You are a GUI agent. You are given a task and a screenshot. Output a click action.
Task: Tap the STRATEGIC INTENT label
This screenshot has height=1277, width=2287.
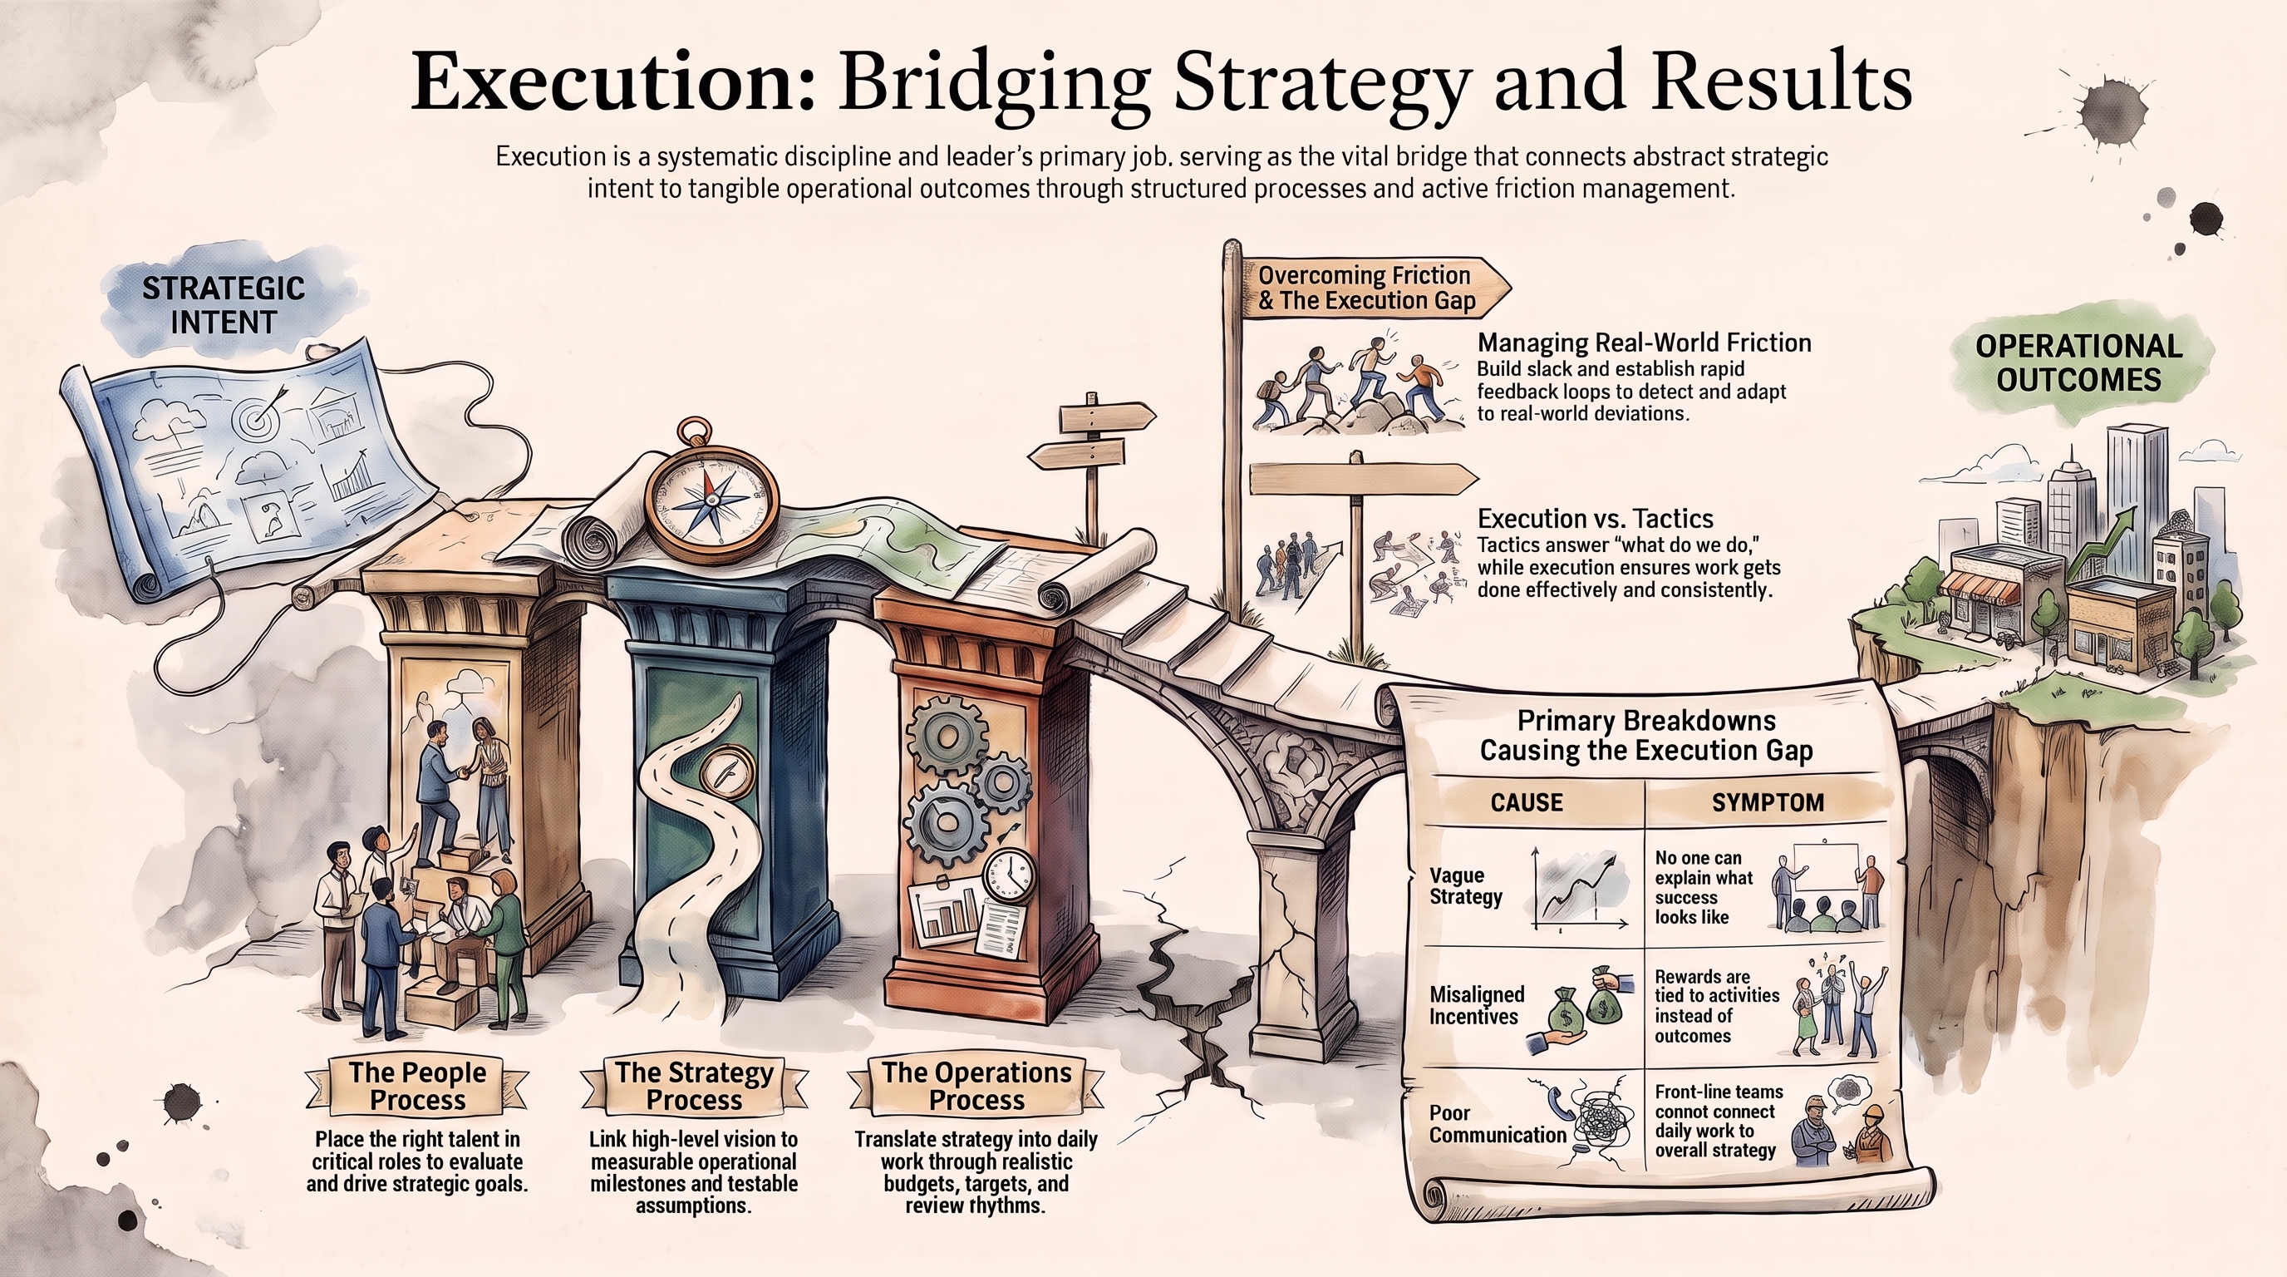(224, 304)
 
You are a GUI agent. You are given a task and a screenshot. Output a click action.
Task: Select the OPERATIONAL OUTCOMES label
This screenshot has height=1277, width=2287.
(2078, 362)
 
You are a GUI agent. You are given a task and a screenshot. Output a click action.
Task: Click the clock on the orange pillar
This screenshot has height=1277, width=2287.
(1009, 876)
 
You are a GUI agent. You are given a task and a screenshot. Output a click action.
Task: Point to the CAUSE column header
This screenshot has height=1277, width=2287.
(1526, 802)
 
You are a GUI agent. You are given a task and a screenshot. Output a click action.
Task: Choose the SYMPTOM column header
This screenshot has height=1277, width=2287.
(1768, 802)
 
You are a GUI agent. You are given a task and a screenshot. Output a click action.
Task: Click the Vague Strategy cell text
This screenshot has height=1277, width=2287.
(1466, 885)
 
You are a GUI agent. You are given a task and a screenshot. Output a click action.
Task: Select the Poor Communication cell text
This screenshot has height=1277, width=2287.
(1498, 1123)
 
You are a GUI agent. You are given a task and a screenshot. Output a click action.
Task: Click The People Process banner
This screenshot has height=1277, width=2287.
(417, 1085)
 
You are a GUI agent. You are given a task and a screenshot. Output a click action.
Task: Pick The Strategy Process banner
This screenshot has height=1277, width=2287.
(694, 1085)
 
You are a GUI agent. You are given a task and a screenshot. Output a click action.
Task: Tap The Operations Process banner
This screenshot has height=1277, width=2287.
(976, 1085)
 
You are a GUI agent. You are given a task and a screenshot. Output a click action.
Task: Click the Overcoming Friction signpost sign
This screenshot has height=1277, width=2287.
(1372, 288)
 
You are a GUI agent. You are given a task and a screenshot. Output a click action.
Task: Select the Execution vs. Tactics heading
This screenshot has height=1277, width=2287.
(1596, 519)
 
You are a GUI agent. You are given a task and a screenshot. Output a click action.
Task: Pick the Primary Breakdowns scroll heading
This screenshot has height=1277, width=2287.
(1646, 735)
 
